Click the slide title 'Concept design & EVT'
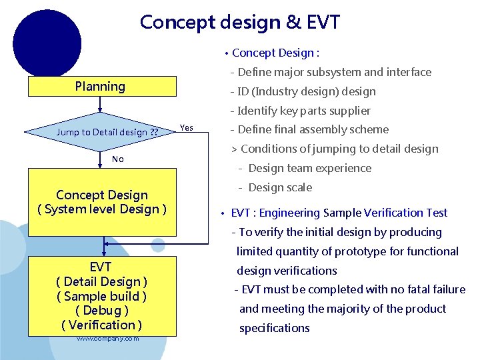pyautogui.click(x=239, y=22)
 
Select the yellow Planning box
pyautogui.click(x=101, y=87)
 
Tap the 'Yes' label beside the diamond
pyautogui.click(x=187, y=127)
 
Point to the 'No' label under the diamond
pyautogui.click(x=118, y=159)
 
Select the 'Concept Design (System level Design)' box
pyautogui.click(x=102, y=202)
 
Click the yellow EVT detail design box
pyautogui.click(x=102, y=296)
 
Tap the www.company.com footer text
pyautogui.click(x=107, y=339)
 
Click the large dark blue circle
pyautogui.click(x=47, y=41)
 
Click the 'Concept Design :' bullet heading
pyautogui.click(x=275, y=53)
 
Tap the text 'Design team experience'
pyautogui.click(x=309, y=168)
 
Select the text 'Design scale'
pyautogui.click(x=280, y=187)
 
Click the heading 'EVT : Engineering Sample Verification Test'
pyautogui.click(x=339, y=213)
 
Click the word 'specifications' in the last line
pyautogui.click(x=275, y=328)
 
